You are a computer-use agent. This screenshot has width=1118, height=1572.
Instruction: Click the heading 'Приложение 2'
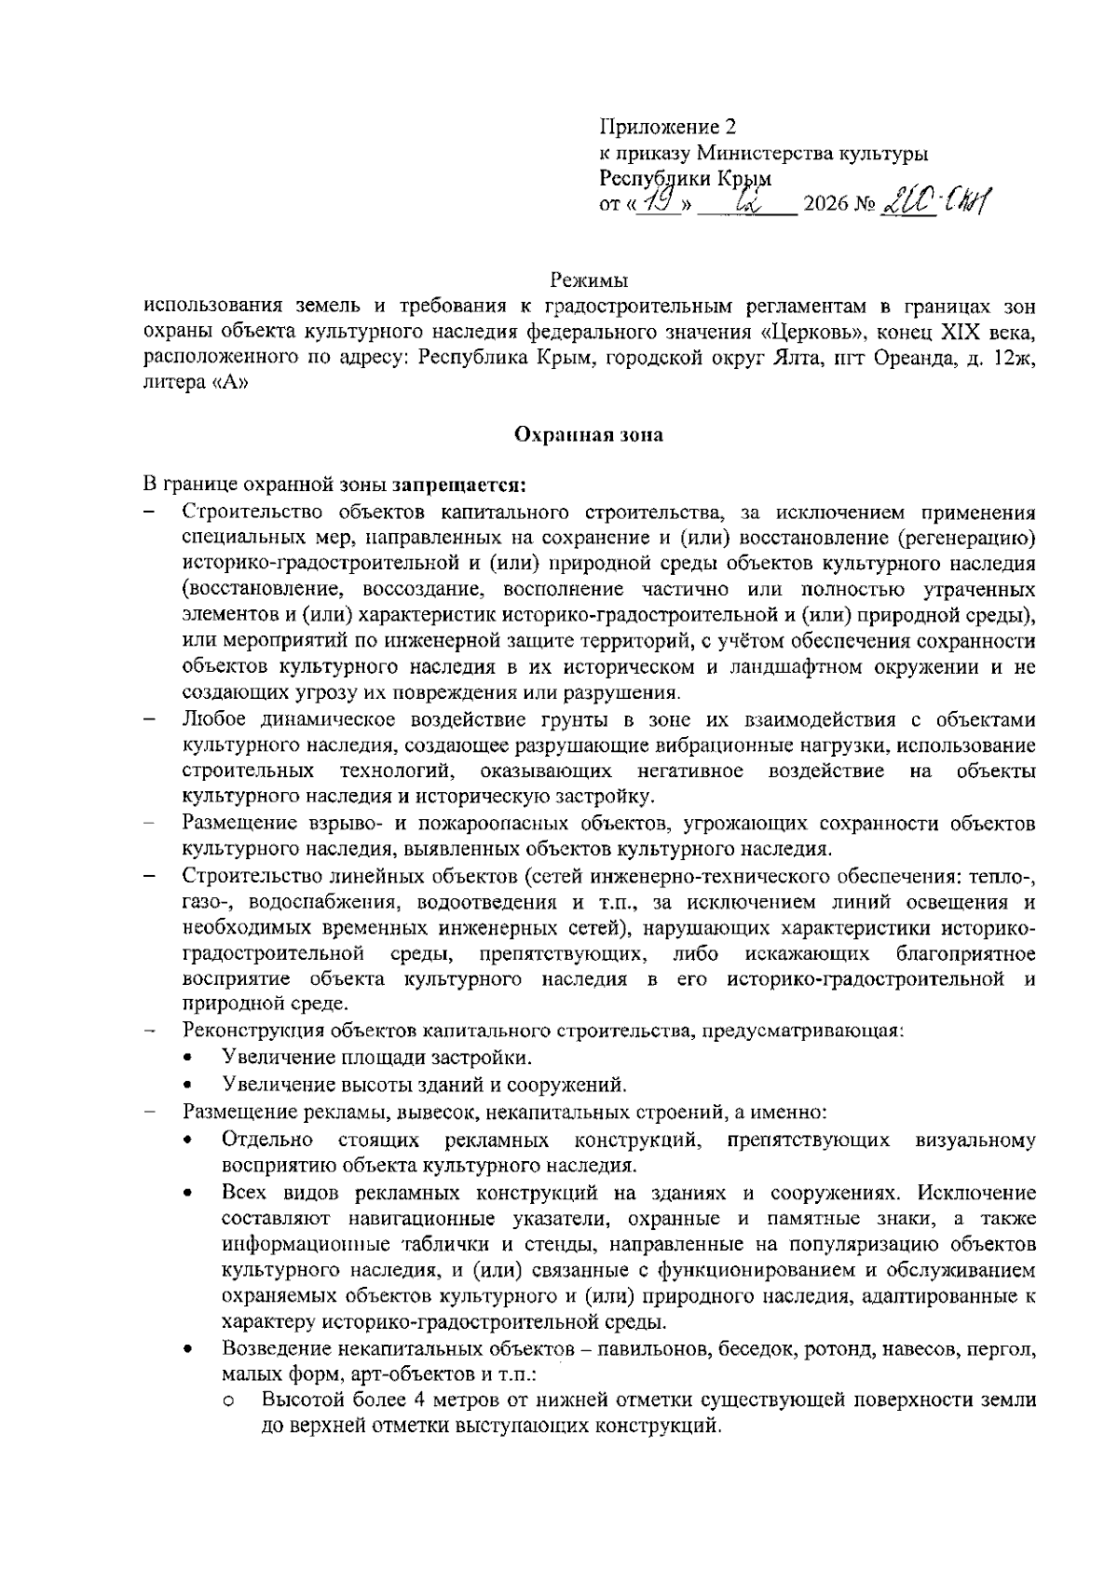[668, 128]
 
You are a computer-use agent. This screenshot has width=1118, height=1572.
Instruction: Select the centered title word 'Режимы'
[589, 280]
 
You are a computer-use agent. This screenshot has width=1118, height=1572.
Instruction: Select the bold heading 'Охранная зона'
[589, 435]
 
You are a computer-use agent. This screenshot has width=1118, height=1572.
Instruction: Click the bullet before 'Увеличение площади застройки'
[190, 1059]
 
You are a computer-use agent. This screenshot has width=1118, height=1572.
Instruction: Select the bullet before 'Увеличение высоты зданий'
[190, 1086]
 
